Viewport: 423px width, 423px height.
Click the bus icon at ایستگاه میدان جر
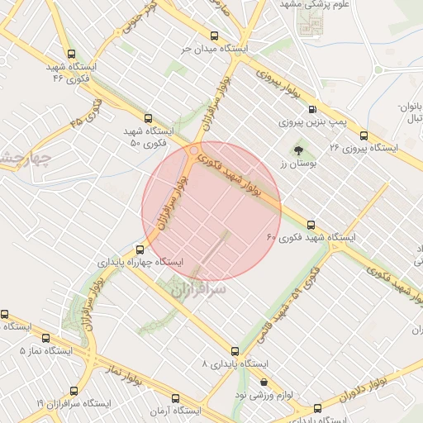click(x=215, y=36)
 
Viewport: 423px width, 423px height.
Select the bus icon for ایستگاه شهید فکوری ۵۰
click(x=148, y=118)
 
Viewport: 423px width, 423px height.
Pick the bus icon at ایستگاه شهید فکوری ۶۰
click(x=311, y=224)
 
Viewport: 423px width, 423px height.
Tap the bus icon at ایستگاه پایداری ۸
click(x=235, y=351)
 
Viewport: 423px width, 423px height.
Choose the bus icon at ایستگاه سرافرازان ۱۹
click(x=74, y=390)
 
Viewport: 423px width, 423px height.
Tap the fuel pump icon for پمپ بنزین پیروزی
click(x=312, y=109)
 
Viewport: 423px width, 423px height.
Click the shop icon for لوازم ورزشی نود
click(x=264, y=383)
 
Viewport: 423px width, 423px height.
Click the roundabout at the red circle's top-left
click(x=194, y=151)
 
